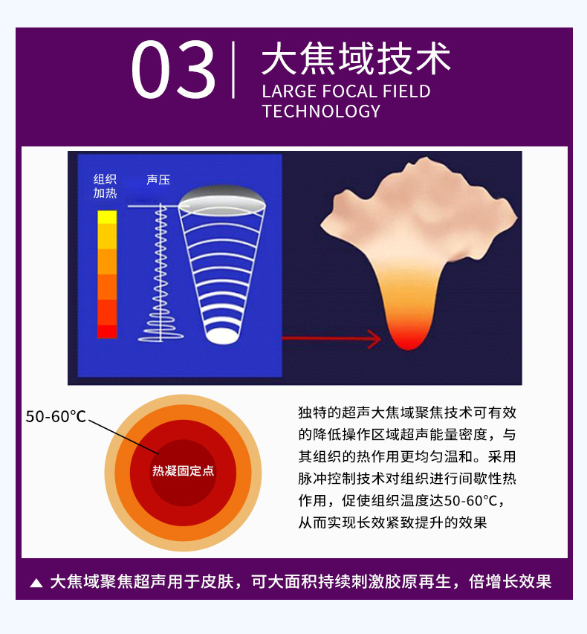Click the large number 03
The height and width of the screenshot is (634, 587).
(173, 70)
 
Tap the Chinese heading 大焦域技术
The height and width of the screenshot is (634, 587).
(356, 59)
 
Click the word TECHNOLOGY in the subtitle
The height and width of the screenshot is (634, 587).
(322, 111)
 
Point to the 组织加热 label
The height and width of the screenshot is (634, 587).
(105, 186)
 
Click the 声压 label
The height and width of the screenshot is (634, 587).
(158, 180)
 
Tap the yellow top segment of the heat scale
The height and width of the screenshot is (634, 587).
(107, 217)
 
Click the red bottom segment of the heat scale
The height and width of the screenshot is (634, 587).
(107, 331)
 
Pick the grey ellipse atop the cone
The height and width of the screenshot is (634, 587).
(222, 199)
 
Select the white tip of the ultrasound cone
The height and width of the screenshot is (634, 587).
(221, 336)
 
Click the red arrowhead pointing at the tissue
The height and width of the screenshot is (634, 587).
(374, 338)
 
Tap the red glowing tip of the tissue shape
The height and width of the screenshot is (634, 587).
(409, 337)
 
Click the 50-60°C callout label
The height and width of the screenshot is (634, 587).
(56, 416)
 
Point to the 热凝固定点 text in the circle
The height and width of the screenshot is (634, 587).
(183, 470)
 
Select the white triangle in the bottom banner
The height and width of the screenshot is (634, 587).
(36, 583)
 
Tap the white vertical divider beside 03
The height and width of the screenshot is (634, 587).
(233, 70)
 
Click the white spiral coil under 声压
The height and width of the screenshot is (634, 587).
(161, 275)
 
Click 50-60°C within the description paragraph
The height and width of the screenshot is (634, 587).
(470, 501)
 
